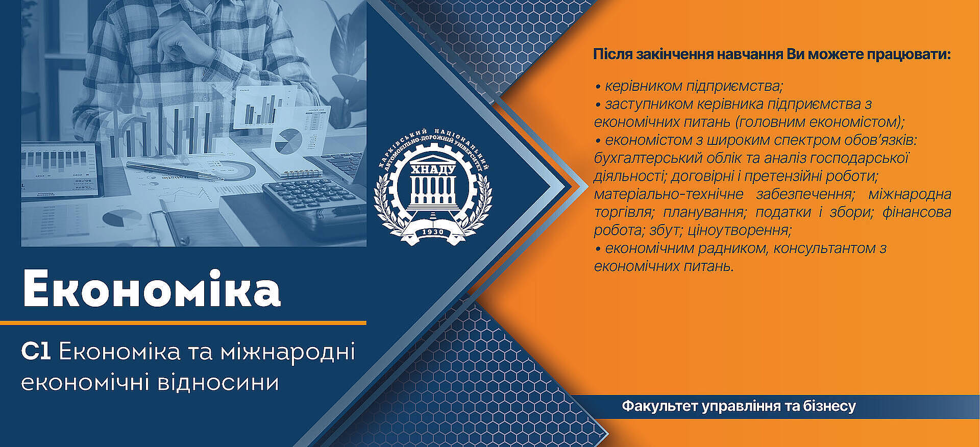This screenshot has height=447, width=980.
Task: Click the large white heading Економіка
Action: click(152, 289)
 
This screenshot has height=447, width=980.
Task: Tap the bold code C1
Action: click(36, 352)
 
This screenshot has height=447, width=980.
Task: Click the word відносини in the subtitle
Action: click(218, 383)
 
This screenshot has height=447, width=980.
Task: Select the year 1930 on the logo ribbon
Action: click(433, 232)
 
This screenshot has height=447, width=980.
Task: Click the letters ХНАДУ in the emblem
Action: click(433, 169)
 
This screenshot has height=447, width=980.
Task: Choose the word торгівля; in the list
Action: click(623, 212)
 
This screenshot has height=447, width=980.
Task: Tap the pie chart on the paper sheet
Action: click(288, 141)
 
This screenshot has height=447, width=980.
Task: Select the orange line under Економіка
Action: click(183, 322)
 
